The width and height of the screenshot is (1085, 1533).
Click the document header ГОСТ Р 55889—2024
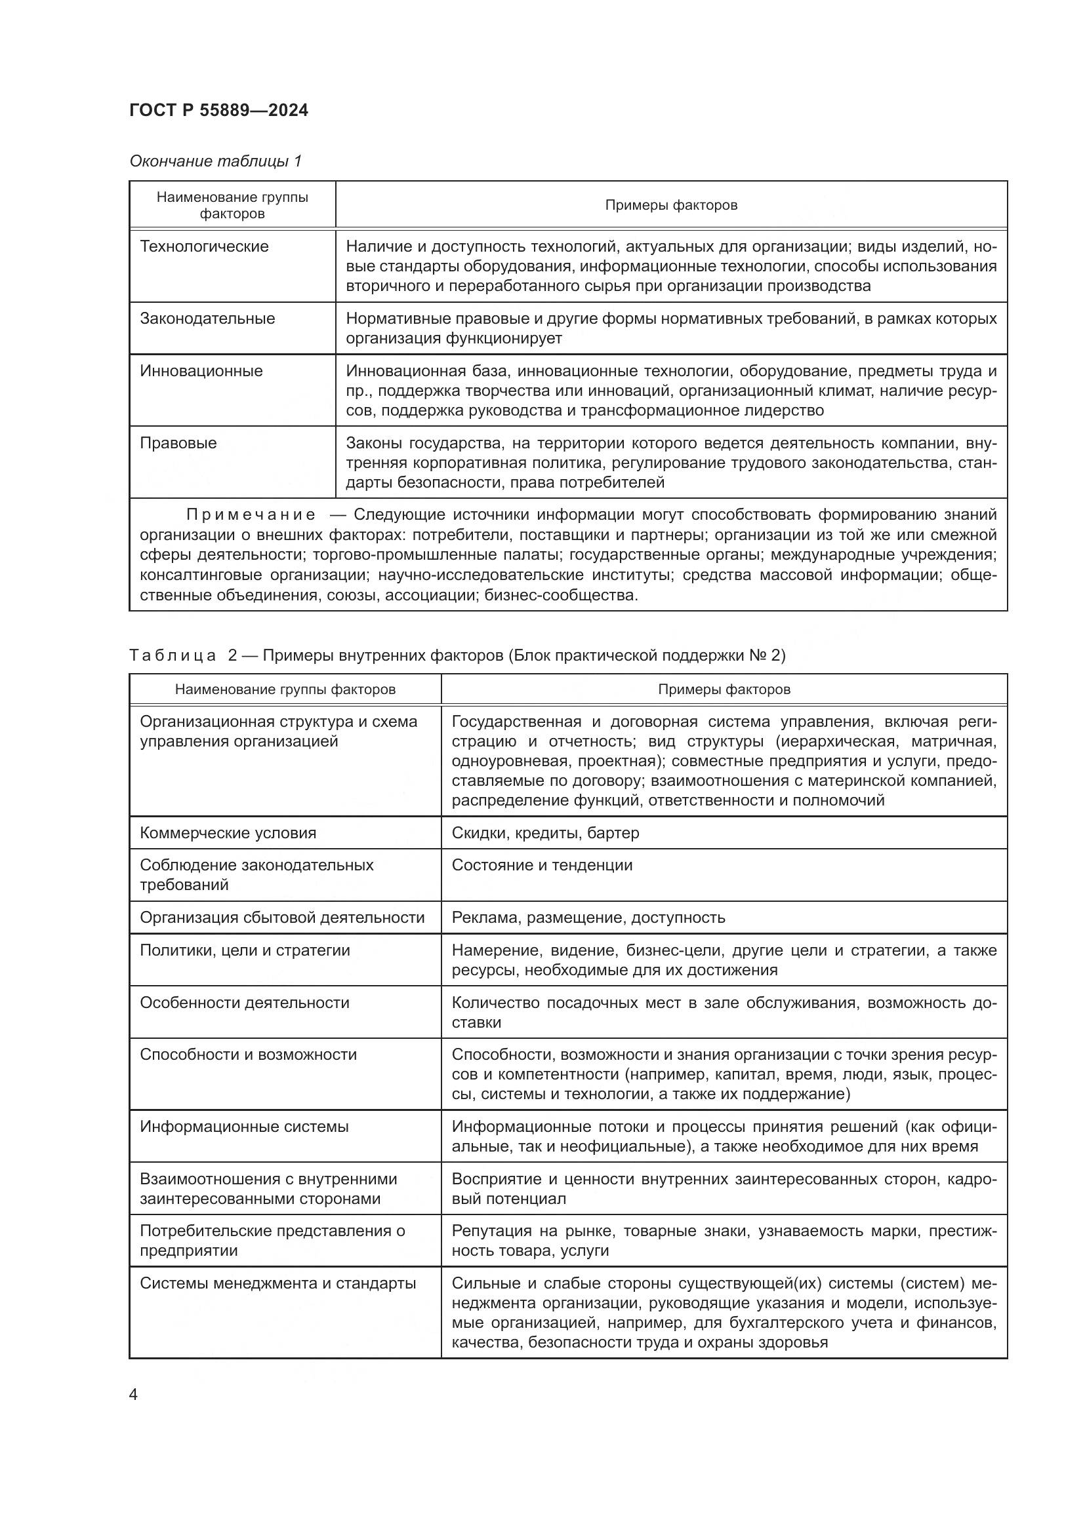tap(218, 110)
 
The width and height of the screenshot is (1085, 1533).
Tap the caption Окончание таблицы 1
tap(215, 161)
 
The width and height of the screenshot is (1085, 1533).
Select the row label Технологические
tap(204, 246)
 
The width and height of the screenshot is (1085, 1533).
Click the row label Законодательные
tap(207, 319)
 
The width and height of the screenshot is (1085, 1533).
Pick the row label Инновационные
tap(201, 371)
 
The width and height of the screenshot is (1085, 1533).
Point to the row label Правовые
tap(178, 443)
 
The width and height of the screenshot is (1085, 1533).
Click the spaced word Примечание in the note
tap(251, 514)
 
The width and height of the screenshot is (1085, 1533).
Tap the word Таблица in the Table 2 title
tap(173, 655)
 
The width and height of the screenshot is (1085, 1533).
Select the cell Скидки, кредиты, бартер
tap(545, 832)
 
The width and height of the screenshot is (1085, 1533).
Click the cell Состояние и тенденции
tap(542, 865)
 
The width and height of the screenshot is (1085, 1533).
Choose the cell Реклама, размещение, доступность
tap(588, 918)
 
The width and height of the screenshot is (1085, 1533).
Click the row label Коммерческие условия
tap(228, 832)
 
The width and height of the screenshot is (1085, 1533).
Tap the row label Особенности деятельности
tap(245, 1002)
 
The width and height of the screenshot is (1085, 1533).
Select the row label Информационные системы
tap(244, 1127)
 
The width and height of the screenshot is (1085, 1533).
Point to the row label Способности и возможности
tap(248, 1055)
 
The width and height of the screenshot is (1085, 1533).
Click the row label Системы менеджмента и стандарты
tap(277, 1283)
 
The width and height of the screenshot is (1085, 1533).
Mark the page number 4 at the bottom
tap(133, 1394)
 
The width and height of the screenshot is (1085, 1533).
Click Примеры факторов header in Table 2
tap(724, 689)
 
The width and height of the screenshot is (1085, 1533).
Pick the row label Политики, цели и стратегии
tap(245, 950)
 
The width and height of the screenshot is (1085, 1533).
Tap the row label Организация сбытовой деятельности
tap(282, 918)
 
